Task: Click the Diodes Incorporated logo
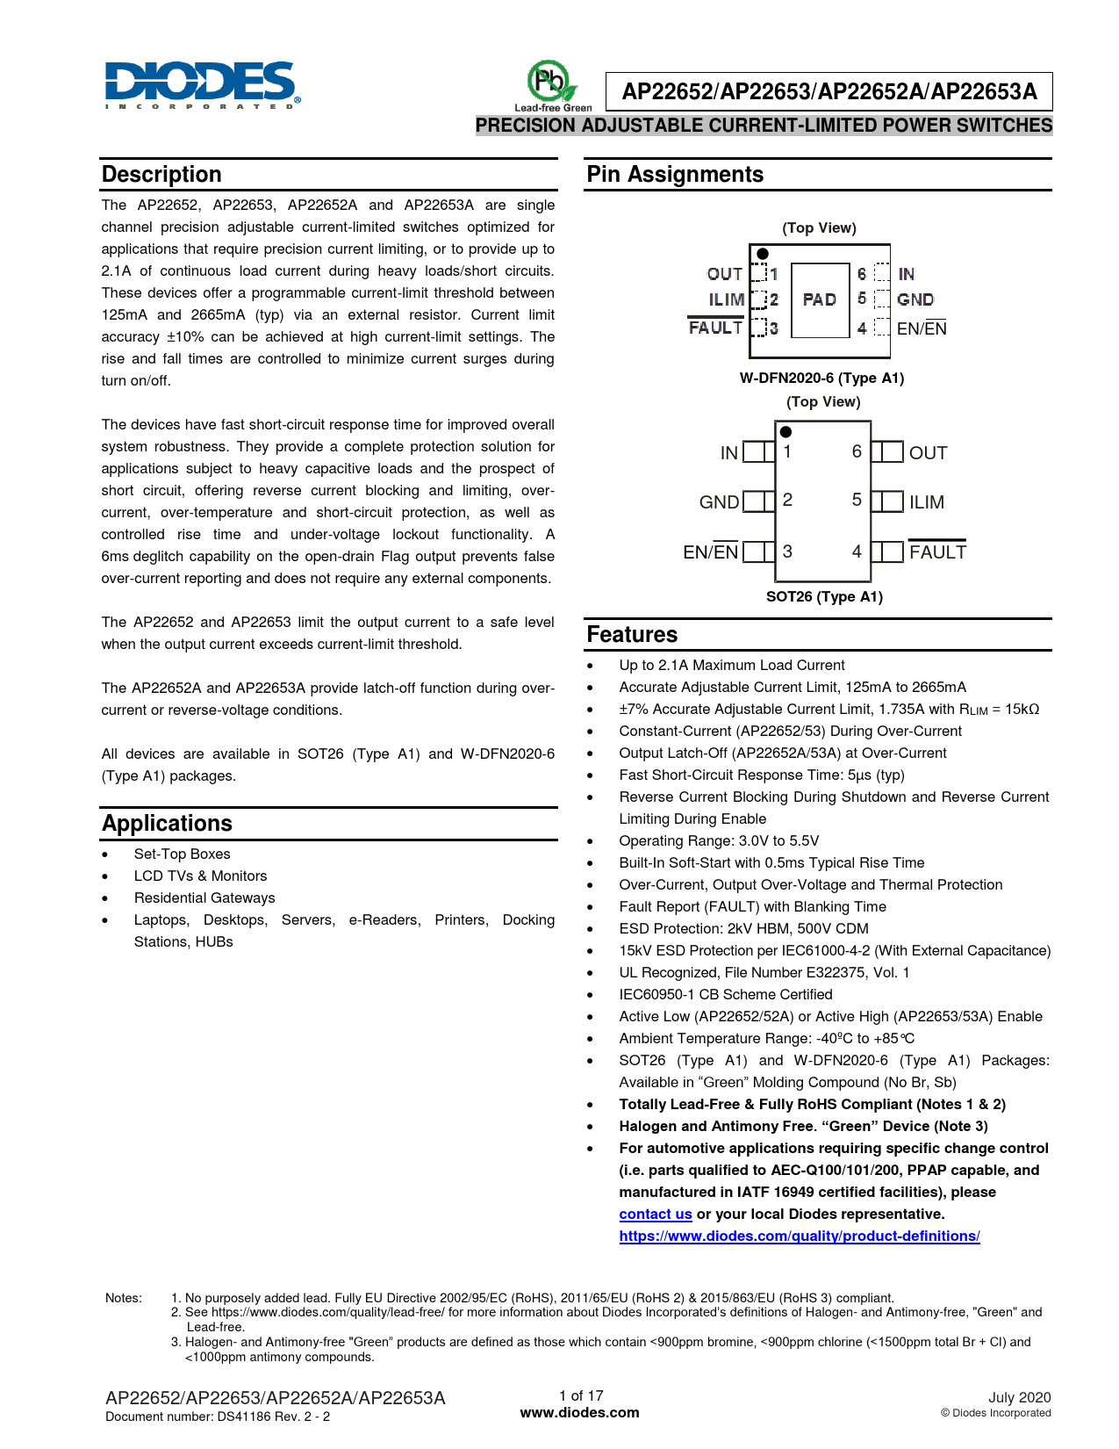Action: (x=202, y=84)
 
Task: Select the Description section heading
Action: (x=161, y=174)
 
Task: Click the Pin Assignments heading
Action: (x=675, y=174)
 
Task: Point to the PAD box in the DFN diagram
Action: (x=820, y=299)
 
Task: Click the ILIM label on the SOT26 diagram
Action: (x=927, y=502)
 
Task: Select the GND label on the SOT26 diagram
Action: (x=719, y=502)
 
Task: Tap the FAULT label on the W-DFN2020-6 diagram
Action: (x=715, y=328)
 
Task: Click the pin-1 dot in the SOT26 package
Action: (x=786, y=432)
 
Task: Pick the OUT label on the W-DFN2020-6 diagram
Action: (x=725, y=274)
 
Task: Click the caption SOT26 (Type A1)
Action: (x=824, y=597)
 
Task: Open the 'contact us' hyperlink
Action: (x=656, y=1215)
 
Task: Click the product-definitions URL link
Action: (x=800, y=1236)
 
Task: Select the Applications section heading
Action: (x=167, y=823)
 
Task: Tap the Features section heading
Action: (x=632, y=634)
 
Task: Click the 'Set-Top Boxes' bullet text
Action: (x=182, y=854)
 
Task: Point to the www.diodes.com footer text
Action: (x=580, y=1413)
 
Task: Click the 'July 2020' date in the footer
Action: (x=1019, y=1397)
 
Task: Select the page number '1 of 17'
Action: (x=581, y=1395)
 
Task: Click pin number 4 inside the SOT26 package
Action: (x=857, y=551)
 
